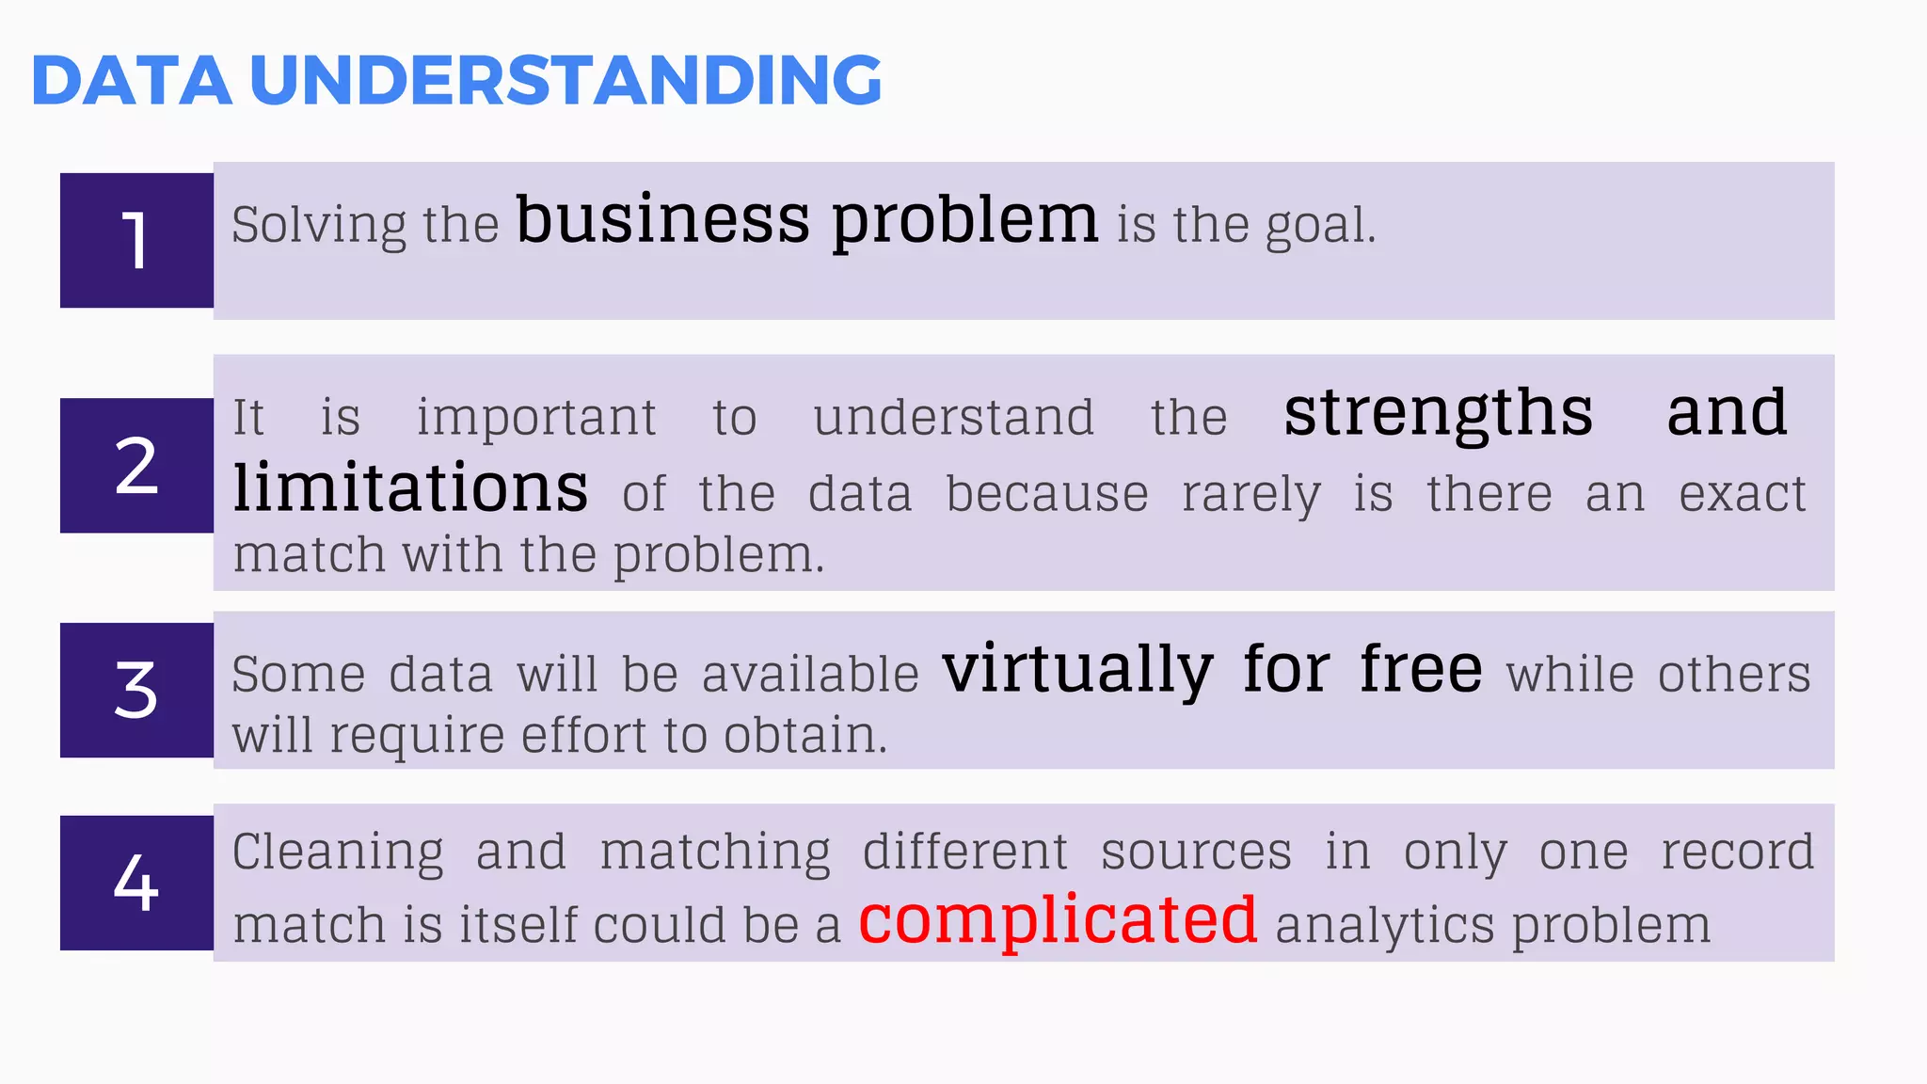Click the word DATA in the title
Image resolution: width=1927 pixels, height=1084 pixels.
(132, 80)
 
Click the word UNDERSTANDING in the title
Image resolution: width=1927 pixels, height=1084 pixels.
(565, 80)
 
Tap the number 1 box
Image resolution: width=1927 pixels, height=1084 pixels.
(136, 240)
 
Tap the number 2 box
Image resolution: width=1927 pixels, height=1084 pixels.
(136, 466)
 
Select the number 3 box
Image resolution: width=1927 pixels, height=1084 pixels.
(136, 690)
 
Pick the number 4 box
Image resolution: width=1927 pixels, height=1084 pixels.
(136, 883)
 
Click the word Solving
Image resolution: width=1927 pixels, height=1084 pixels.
(318, 226)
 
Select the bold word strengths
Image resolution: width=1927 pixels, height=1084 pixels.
(1438, 414)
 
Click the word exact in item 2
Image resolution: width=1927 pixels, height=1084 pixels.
(1742, 494)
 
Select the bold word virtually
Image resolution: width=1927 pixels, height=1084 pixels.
(1077, 670)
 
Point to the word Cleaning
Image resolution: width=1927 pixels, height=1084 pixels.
(338, 853)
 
